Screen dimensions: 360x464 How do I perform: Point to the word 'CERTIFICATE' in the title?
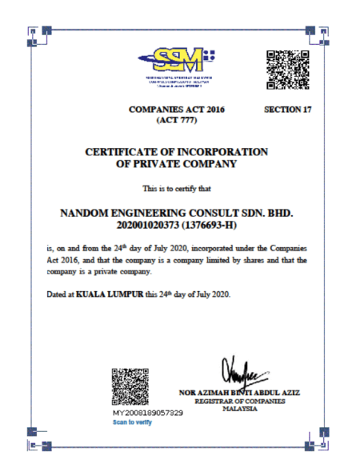(134, 151)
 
